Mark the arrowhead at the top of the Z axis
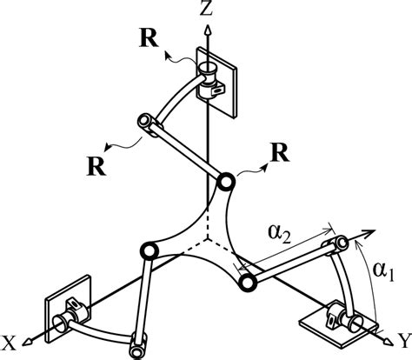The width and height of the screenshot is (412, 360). pyautogui.click(x=207, y=29)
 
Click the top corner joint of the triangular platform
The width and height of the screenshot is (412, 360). pyautogui.click(x=224, y=183)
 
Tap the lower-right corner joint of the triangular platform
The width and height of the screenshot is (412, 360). pyautogui.click(x=247, y=283)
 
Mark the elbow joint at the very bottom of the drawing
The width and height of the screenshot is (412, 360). pyautogui.click(x=137, y=350)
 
